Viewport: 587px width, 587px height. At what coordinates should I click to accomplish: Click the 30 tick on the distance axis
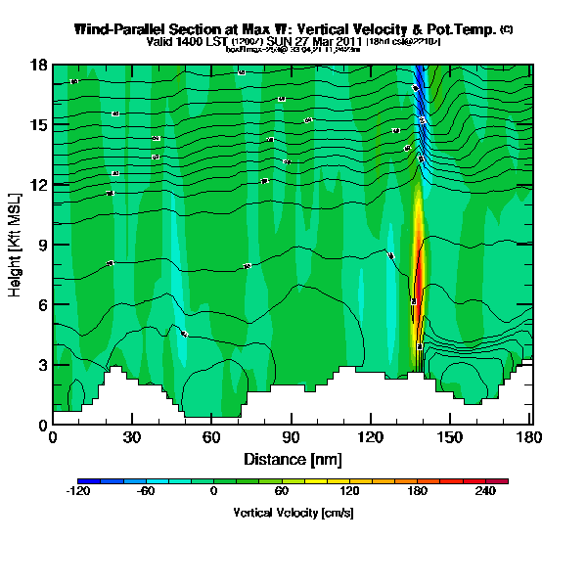tap(132, 437)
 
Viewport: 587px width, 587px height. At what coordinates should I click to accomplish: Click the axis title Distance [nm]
tap(291, 458)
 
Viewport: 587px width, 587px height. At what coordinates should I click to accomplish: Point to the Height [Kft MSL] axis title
tap(17, 245)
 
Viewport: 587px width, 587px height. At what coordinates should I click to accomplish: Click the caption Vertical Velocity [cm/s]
tap(293, 512)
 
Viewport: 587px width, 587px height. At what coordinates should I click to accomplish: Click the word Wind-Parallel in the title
tap(119, 30)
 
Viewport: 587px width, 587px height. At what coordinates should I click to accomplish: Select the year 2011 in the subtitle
tap(348, 42)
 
